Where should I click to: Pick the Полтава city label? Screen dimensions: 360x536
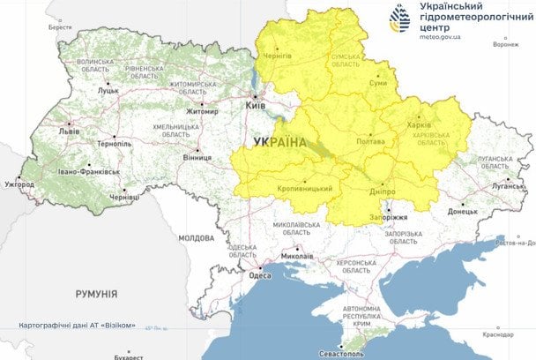point(369,142)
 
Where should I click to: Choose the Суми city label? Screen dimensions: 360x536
point(377,82)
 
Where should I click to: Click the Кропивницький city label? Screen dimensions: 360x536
point(304,188)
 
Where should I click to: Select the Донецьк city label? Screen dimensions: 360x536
point(462,211)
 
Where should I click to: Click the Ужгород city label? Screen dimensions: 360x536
point(19,184)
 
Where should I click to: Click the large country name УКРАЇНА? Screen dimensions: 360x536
point(279,142)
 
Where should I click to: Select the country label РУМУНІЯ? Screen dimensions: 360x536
point(97,293)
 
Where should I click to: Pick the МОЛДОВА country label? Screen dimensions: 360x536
point(196,237)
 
